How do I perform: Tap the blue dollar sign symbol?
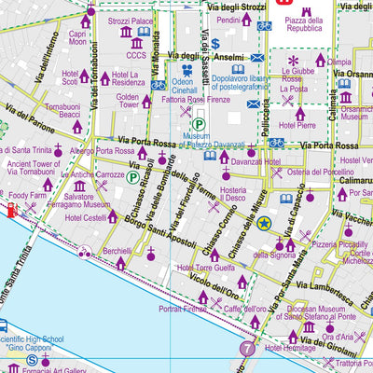[215, 43]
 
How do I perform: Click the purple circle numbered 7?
[246, 349]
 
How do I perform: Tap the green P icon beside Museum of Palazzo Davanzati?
[199, 124]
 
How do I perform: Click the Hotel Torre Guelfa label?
[204, 269]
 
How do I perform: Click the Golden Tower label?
[128, 102]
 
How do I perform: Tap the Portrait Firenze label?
[183, 308]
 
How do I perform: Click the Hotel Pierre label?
[292, 124]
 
